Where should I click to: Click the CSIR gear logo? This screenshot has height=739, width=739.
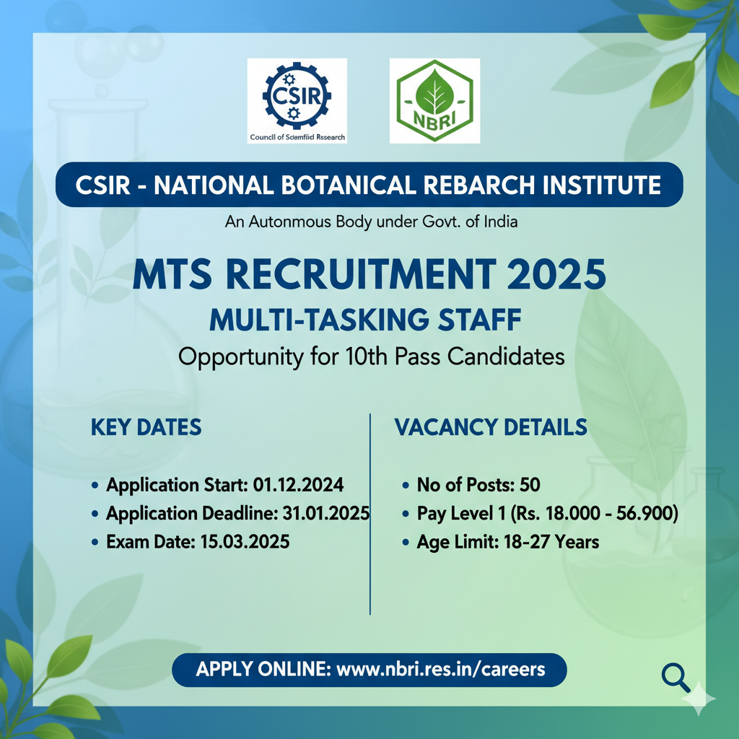tap(297, 95)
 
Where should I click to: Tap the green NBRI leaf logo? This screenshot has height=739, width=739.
tap(434, 100)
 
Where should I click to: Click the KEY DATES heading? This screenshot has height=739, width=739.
tap(146, 427)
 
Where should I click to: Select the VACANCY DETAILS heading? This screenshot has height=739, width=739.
tap(491, 427)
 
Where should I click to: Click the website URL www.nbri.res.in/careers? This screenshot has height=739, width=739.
tap(441, 669)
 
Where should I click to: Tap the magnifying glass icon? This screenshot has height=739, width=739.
tap(675, 677)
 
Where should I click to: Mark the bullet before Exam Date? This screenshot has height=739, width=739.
tap(96, 542)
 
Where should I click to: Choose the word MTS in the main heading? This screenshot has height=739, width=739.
tap(172, 276)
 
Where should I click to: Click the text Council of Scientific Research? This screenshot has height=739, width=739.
tap(297, 137)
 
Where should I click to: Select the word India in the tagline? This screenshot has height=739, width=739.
tap(499, 222)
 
